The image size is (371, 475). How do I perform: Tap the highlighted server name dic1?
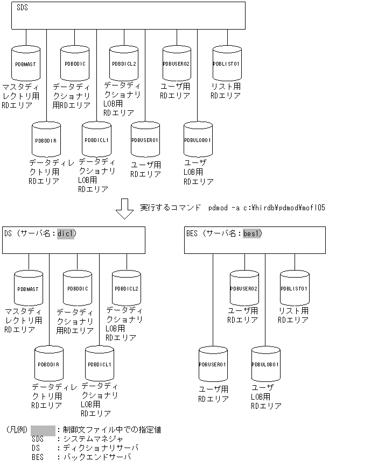[x=67, y=233]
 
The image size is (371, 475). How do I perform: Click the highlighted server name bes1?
[x=251, y=233]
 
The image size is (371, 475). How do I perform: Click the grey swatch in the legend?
[x=43, y=430]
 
